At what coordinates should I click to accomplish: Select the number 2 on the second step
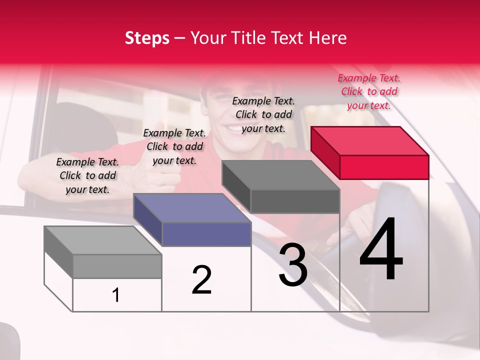point(202,279)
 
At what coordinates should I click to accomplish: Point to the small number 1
point(116,295)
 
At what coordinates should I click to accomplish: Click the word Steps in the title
point(147,38)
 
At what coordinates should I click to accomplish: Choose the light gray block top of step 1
point(103,240)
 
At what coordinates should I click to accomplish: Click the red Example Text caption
point(369,91)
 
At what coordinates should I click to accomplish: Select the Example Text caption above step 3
point(263,114)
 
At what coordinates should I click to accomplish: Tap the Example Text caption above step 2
point(174,146)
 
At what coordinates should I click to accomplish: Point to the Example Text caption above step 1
point(87,175)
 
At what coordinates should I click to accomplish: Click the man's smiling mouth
point(235,129)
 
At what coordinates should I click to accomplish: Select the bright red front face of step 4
point(384,167)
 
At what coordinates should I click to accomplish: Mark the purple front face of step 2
point(206,234)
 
